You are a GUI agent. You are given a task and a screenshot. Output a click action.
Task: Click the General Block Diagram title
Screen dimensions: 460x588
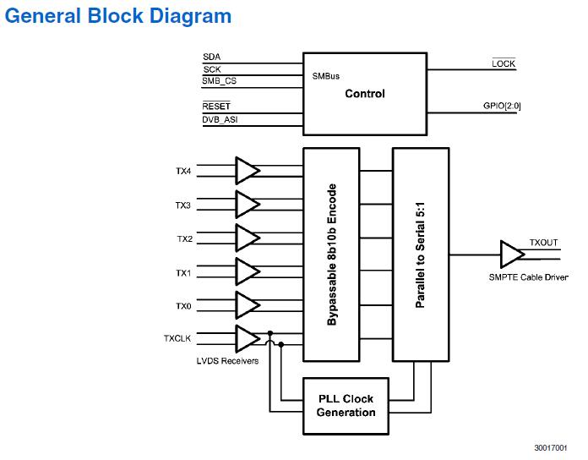click(117, 16)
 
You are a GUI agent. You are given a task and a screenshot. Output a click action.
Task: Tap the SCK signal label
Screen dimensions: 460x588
click(211, 68)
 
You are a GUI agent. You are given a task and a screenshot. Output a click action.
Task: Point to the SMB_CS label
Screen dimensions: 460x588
click(220, 81)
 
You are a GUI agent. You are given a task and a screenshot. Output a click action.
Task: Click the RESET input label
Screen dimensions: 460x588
click(216, 107)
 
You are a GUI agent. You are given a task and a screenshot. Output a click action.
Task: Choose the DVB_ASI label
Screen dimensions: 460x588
click(219, 119)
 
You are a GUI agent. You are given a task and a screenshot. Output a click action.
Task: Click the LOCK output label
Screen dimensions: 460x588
click(504, 64)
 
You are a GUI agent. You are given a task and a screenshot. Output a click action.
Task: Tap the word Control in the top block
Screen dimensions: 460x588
click(365, 94)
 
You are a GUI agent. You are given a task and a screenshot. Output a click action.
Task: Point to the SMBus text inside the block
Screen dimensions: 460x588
click(325, 75)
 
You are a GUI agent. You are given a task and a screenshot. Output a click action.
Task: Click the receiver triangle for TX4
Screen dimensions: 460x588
click(247, 170)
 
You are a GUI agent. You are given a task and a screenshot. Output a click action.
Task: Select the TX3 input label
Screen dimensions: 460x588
click(183, 205)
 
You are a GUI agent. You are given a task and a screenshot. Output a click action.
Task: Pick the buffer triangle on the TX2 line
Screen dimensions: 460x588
click(247, 238)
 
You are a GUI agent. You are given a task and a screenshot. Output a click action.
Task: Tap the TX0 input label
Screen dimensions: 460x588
click(183, 306)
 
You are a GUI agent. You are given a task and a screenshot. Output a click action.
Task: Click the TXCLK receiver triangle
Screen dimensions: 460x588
click(247, 338)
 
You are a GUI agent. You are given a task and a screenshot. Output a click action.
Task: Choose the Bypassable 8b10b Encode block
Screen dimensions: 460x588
click(332, 254)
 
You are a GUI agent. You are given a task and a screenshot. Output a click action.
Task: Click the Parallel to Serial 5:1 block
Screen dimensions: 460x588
click(420, 254)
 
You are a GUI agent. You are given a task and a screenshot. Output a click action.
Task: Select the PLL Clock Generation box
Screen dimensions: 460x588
click(346, 406)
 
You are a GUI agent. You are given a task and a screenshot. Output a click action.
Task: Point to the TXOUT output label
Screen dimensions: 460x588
click(543, 243)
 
